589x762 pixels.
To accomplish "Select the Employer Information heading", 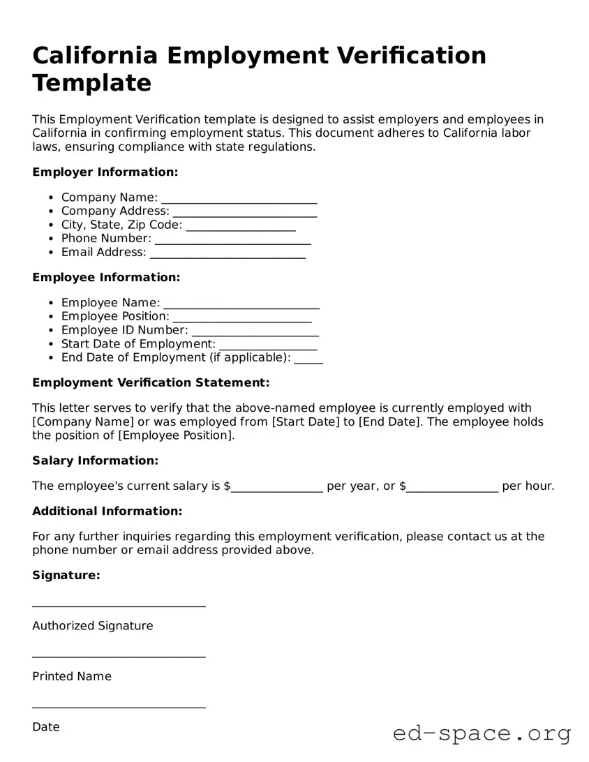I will (105, 172).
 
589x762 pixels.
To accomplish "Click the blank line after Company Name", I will (239, 199).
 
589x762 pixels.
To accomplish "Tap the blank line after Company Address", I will (244, 212).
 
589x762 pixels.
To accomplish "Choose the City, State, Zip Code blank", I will (241, 226).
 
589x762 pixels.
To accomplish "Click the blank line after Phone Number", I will (232, 239).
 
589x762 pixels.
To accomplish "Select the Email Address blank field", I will (228, 253).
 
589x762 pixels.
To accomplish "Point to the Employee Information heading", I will (106, 277).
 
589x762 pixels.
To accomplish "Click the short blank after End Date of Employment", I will (308, 359).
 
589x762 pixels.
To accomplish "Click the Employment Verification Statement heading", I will (151, 382).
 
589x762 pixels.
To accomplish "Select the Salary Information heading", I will (96, 461).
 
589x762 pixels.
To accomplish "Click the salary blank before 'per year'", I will (276, 487).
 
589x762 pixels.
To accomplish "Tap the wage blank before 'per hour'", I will (452, 487).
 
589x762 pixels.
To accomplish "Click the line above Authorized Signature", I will (119, 605).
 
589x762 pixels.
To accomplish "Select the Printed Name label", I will (72, 676).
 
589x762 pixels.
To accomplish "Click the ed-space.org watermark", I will (482, 734).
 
